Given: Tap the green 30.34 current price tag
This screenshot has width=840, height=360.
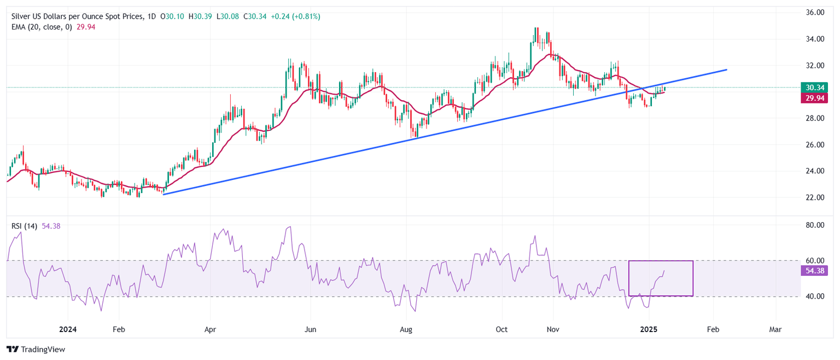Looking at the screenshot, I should [813, 88].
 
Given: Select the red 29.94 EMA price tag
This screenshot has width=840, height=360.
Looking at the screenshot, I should [813, 98].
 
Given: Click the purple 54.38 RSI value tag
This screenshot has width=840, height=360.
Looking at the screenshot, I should [813, 270].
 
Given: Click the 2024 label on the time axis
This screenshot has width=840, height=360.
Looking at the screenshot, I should [68, 330].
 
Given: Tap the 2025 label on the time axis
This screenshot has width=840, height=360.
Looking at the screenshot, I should [649, 330].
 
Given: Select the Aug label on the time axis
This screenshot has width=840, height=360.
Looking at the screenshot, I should [406, 330].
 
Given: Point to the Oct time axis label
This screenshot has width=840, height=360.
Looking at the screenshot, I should [501, 330].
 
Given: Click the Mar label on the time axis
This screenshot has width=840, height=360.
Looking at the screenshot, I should [775, 330].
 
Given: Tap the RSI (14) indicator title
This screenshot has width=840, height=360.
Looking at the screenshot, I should [24, 226].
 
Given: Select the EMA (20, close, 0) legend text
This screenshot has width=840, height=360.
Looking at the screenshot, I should [42, 27].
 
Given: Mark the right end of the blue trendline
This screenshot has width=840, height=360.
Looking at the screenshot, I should [727, 69].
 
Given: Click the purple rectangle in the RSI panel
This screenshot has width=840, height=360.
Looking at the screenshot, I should [661, 262].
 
